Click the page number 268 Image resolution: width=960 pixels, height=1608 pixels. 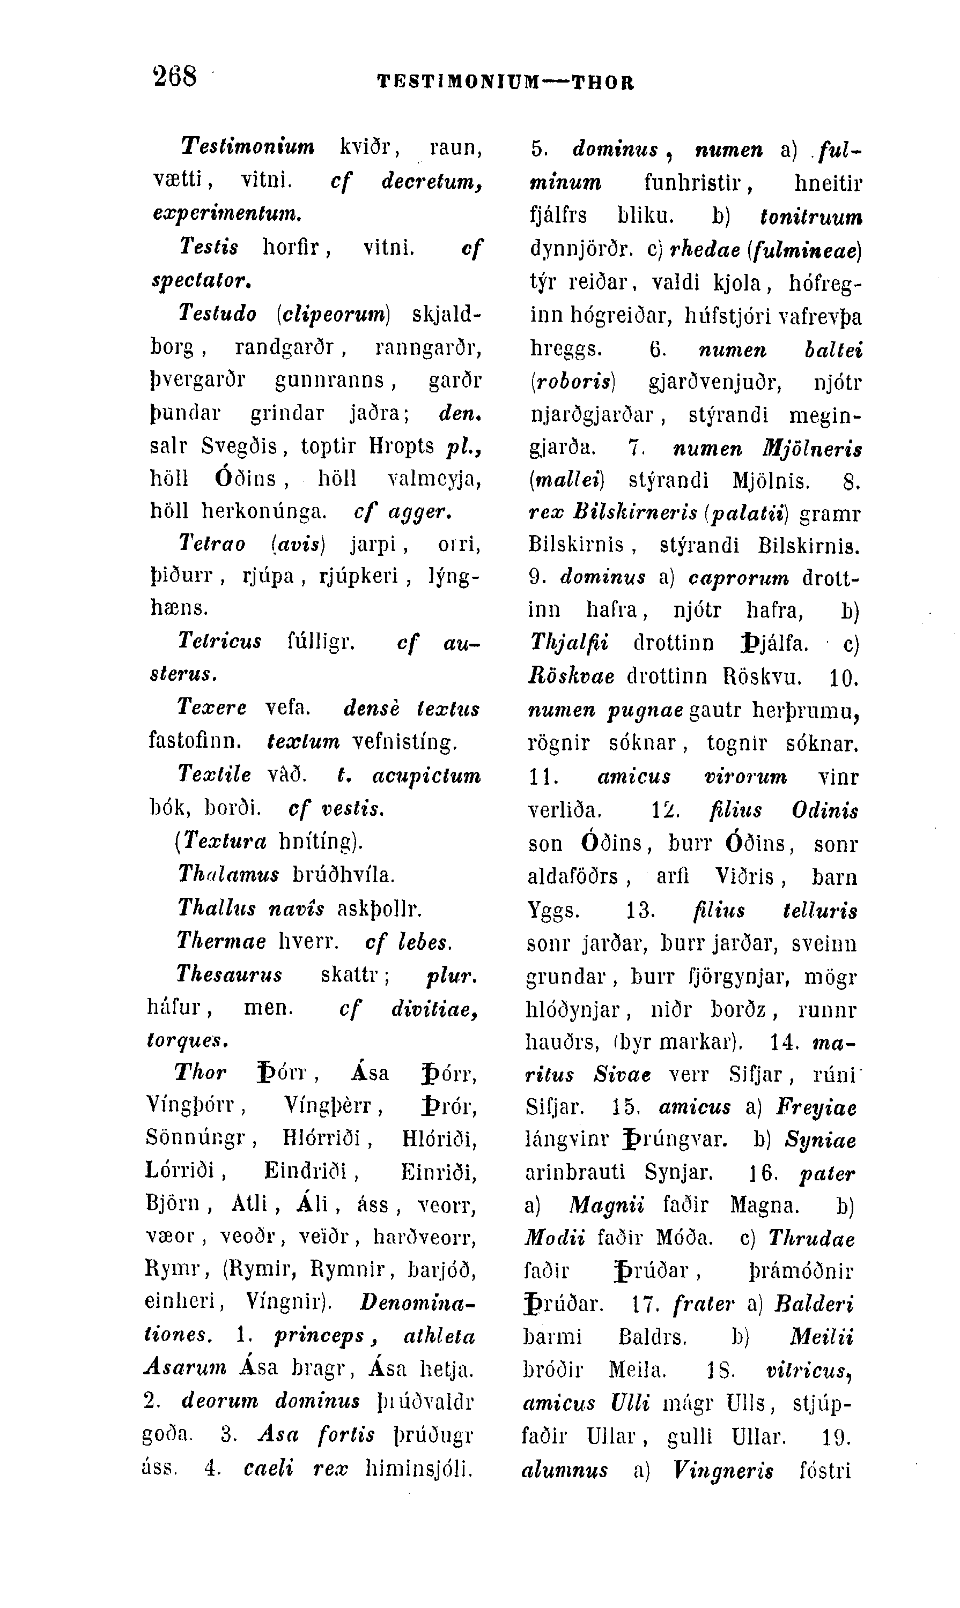coord(175,76)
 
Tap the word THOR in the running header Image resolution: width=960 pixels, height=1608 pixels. coord(603,83)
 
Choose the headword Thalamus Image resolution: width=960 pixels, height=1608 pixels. coord(228,875)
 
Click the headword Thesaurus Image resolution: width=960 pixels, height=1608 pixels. coord(230,974)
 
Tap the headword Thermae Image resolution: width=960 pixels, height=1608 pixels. coord(221,941)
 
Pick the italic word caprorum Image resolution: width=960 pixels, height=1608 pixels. coord(739,577)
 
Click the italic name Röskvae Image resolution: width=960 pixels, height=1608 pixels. coord(571,676)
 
